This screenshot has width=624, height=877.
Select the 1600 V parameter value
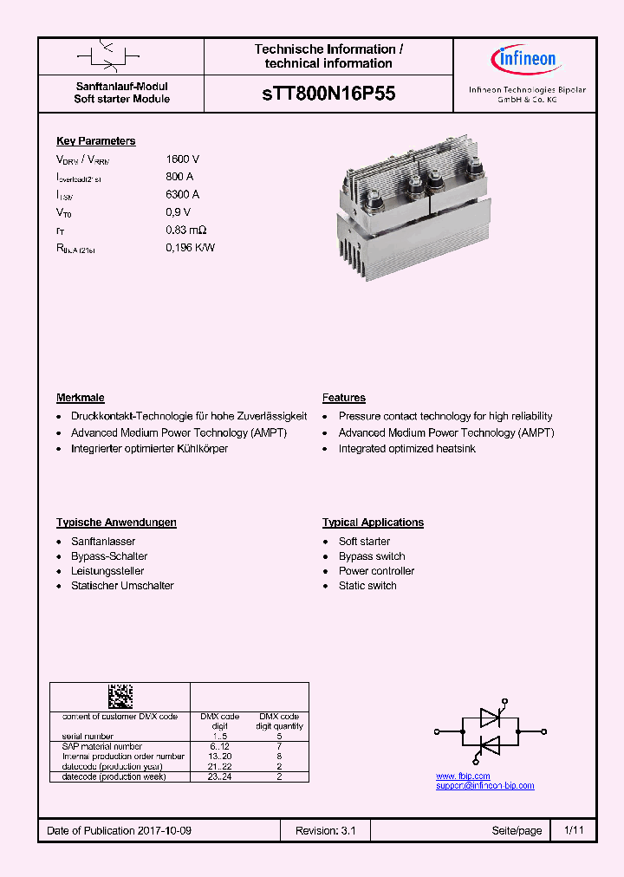(183, 159)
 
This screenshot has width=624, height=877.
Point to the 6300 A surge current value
(183, 195)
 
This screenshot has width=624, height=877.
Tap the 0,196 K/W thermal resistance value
(191, 248)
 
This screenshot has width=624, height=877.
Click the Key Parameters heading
(95, 141)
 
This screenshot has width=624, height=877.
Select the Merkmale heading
(81, 398)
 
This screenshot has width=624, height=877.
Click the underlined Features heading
(344, 398)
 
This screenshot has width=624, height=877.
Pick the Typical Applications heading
(373, 523)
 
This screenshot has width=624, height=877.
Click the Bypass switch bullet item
(372, 556)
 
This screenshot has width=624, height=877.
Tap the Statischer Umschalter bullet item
(122, 586)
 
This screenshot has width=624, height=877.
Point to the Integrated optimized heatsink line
(406, 449)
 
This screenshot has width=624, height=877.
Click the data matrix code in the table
(120, 696)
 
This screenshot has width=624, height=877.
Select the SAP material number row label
(102, 746)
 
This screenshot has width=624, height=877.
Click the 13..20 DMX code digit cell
(220, 756)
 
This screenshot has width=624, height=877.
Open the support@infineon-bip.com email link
(484, 785)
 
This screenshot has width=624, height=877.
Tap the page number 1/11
(574, 830)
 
